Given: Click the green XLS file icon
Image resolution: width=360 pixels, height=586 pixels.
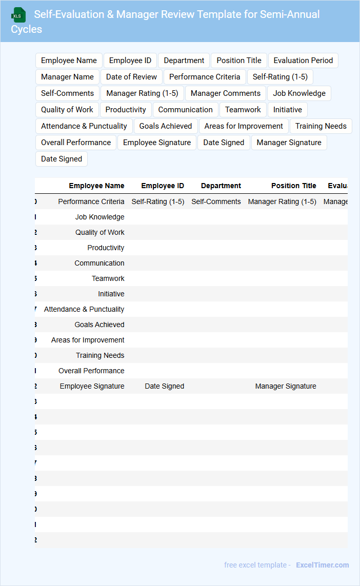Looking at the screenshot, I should tap(19, 15).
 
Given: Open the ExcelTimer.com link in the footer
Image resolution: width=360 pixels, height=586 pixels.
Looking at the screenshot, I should tap(322, 565).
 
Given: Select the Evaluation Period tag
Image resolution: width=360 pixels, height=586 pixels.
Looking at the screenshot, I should tap(303, 60).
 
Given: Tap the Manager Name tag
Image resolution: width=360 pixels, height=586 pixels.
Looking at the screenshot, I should tap(67, 77).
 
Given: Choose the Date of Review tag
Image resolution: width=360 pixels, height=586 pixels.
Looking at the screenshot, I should tap(131, 77).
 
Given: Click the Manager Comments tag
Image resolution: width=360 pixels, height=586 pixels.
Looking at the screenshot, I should tap(226, 93).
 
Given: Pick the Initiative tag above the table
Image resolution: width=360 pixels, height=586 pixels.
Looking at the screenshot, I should tap(287, 110).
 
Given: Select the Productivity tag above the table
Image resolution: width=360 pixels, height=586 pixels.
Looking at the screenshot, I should tap(126, 110).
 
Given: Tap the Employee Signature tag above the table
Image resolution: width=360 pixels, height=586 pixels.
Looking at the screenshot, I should tap(157, 143).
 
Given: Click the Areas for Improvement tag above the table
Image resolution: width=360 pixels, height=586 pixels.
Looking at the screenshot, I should tap(244, 126).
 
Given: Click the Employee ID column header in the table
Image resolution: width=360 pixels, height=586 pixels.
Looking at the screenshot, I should tap(163, 186).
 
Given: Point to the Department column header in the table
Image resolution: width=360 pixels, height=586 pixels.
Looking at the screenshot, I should tap(221, 186).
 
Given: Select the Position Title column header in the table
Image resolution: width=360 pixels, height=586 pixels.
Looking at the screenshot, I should tap(293, 186).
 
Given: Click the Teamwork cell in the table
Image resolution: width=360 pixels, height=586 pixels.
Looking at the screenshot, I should tap(108, 278).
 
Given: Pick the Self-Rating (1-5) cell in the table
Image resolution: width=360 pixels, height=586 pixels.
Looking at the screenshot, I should tap(158, 201).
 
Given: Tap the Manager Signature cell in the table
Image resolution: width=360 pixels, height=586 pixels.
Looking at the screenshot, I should tap(286, 386).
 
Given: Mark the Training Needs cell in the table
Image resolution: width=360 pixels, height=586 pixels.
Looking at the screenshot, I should tap(100, 355).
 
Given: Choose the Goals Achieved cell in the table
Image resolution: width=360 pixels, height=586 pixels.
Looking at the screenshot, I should tap(99, 325).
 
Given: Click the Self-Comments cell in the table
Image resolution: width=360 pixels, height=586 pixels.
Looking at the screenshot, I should tap(216, 201).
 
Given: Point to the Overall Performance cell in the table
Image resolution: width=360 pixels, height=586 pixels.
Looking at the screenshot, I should tap(91, 371).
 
